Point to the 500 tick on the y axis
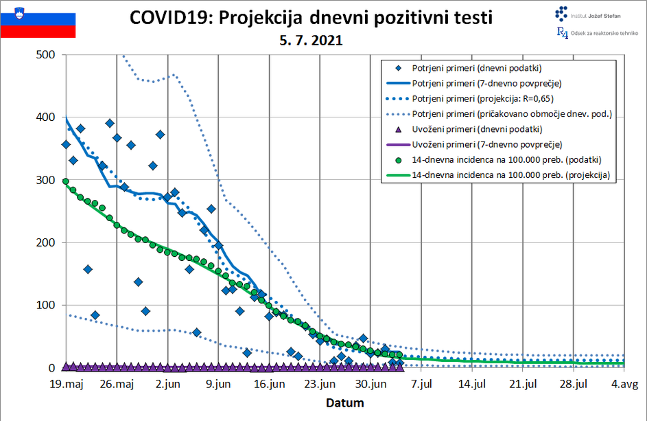45,55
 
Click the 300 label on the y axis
45,180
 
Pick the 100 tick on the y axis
45,305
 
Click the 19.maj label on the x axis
66,384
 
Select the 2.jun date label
167,384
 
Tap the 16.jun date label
269,384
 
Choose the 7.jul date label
421,384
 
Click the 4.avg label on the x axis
624,384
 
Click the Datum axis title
344,402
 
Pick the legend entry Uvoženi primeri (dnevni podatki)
477,129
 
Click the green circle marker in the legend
397,160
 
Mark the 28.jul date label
573,384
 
